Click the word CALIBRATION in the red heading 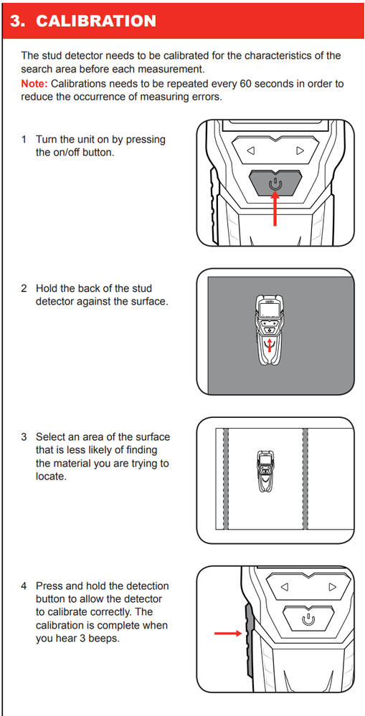[x=95, y=21]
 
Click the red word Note [x=34, y=84]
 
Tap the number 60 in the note [x=245, y=84]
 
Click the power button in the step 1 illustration [x=275, y=184]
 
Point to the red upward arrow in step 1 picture [x=275, y=209]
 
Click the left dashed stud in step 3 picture [x=225, y=479]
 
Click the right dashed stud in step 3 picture [x=305, y=479]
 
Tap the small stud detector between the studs [x=266, y=472]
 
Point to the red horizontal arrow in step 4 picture [x=227, y=633]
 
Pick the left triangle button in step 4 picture [x=285, y=587]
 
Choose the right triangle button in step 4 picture [x=333, y=587]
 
